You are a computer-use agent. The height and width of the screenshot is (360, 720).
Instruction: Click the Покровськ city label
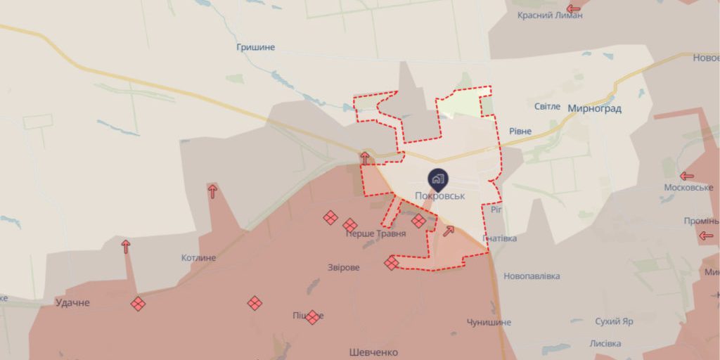[x=441, y=196]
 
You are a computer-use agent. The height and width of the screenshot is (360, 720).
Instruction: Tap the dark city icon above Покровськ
[x=437, y=179]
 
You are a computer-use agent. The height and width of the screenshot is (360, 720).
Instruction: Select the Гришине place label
[x=256, y=47]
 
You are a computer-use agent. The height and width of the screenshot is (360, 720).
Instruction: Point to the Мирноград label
[x=594, y=108]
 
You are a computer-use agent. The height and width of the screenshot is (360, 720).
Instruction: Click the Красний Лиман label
[x=550, y=15]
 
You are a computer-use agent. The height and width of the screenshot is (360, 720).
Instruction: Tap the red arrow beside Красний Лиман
[x=574, y=8]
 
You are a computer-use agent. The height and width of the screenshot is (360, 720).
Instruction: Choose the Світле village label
[x=547, y=106]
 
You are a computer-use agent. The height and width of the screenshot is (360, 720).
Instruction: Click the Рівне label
[x=520, y=131]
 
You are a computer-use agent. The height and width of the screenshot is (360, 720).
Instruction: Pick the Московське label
[x=688, y=188]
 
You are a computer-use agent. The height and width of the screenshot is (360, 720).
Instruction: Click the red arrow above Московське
[x=687, y=176]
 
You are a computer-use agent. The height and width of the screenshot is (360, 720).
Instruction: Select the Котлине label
[x=199, y=257]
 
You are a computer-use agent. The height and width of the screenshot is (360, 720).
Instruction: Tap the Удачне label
[x=73, y=302]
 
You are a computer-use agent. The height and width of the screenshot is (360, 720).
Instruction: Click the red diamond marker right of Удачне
[x=139, y=304]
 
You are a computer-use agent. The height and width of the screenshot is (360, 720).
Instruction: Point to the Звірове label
[x=344, y=268]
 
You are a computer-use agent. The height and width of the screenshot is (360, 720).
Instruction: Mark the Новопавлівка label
[x=532, y=276]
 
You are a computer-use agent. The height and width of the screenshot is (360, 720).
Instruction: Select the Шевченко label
[x=373, y=352]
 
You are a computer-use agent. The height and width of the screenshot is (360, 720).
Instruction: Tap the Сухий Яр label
[x=614, y=321]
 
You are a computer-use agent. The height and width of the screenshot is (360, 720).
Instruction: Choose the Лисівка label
[x=605, y=343]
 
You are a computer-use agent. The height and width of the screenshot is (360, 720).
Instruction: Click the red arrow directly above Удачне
[x=126, y=246]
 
